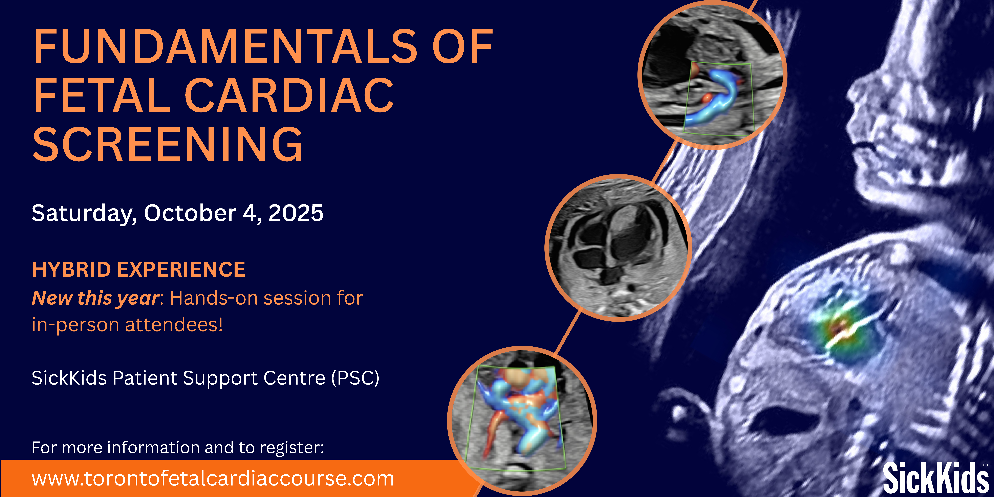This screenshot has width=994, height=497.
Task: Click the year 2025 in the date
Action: click(x=296, y=213)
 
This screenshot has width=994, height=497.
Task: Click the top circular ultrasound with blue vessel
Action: click(x=712, y=74)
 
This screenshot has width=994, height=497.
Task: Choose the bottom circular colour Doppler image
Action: click(x=522, y=421)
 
